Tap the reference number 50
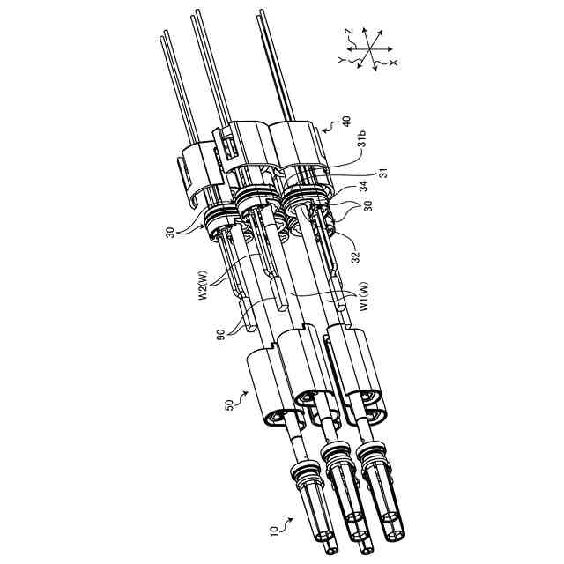point(229,404)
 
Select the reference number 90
point(221,334)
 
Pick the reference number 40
point(346,121)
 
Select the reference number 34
point(365,187)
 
